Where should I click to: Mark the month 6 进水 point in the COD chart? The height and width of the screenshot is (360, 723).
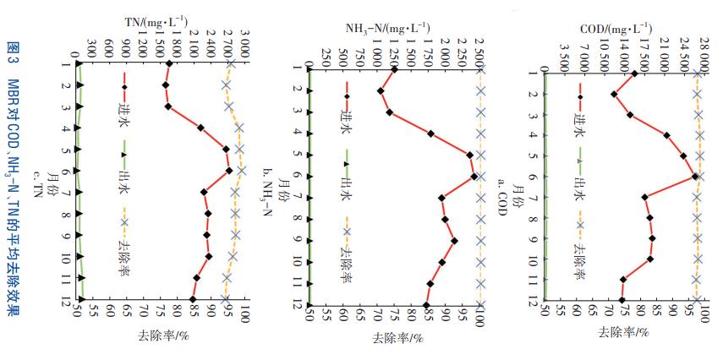[x=695, y=176]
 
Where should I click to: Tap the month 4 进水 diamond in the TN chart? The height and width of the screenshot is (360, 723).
[x=200, y=128]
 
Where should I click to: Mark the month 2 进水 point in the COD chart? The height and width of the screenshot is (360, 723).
[x=613, y=94]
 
